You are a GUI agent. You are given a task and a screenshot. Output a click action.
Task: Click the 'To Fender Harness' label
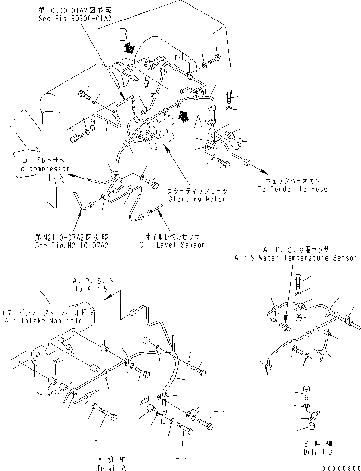(x=292, y=189)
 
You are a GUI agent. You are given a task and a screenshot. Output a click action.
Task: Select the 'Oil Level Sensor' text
(x=172, y=245)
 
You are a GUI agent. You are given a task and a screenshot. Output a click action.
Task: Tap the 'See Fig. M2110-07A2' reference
(x=71, y=246)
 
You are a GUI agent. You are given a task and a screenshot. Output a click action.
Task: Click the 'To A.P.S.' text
(x=91, y=289)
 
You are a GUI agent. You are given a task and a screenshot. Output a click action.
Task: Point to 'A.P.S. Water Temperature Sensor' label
(x=295, y=258)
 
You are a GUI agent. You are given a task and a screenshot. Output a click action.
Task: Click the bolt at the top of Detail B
(x=297, y=281)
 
